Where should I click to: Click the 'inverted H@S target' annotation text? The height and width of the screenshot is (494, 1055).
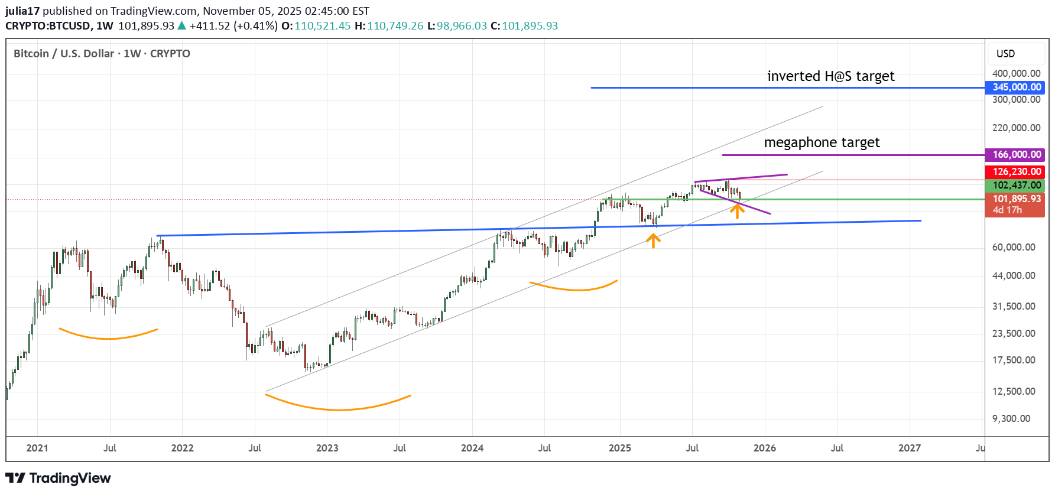click(830, 76)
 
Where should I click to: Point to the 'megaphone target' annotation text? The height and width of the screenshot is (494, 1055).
click(822, 142)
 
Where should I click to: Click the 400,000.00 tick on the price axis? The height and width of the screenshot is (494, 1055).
click(1016, 73)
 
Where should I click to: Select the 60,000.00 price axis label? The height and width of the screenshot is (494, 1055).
click(1014, 247)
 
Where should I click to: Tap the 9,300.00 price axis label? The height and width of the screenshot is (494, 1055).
click(1011, 418)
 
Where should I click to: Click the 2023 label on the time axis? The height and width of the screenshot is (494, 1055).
click(327, 448)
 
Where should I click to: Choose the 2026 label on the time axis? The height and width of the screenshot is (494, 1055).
click(764, 448)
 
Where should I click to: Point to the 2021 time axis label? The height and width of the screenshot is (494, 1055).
click(37, 448)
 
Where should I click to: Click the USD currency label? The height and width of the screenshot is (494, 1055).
click(1005, 54)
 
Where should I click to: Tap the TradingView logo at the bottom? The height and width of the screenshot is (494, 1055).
click(58, 478)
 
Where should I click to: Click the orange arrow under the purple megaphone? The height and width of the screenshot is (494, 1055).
click(737, 210)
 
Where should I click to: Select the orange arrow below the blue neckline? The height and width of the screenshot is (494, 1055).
click(653, 240)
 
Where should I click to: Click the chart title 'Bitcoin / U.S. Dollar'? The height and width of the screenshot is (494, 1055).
click(64, 54)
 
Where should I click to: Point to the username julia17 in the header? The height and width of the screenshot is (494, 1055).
click(22, 11)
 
